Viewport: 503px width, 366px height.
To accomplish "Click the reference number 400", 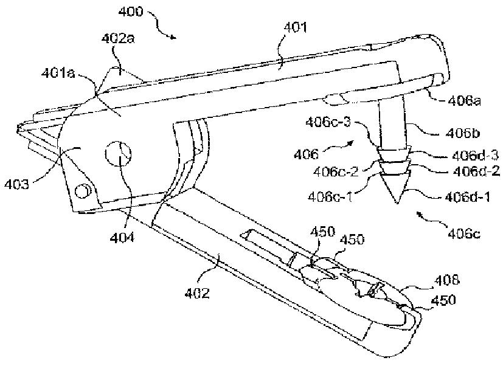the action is (x=130, y=12).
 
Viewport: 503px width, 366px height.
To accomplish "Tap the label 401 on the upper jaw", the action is (x=296, y=27).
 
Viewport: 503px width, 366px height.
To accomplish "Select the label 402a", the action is (x=118, y=38).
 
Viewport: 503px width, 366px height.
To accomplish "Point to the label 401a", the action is (x=58, y=74).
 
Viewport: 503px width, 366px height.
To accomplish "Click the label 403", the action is (x=16, y=184).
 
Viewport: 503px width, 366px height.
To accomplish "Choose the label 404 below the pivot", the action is (x=122, y=238).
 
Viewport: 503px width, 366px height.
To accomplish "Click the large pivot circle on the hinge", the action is (x=118, y=154).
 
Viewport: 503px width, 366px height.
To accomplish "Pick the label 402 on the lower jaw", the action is (x=197, y=293).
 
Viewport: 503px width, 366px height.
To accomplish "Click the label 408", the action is (x=447, y=280).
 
